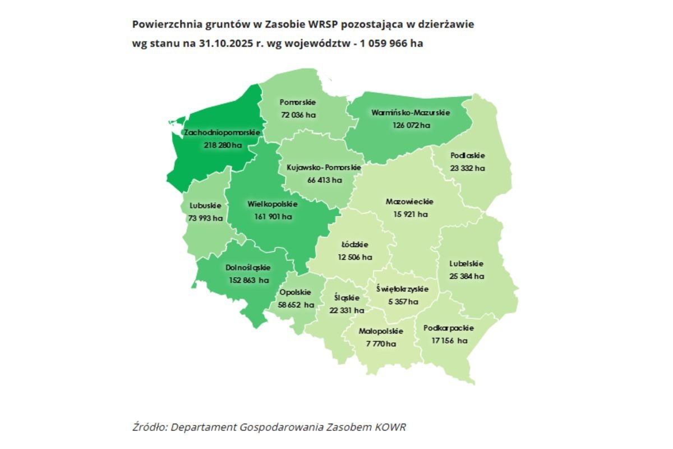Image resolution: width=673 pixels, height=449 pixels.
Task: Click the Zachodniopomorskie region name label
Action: [x=223, y=132]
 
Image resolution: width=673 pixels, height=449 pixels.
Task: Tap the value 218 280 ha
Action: [x=223, y=145]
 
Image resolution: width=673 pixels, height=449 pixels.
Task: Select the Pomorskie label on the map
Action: [x=298, y=103]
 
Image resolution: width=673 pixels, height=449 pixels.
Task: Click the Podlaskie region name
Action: [x=467, y=155]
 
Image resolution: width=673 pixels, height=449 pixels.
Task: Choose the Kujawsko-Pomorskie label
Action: [x=324, y=168]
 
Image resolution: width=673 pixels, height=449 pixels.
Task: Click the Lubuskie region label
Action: [x=205, y=206]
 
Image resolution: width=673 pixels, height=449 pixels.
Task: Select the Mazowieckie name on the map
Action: [x=409, y=202]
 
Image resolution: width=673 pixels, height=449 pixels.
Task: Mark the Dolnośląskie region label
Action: [x=248, y=268]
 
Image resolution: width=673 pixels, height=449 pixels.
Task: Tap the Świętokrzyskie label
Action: [x=402, y=289]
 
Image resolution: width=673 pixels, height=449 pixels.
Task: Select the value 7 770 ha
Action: [x=380, y=343]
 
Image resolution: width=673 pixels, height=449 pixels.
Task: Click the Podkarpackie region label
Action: [x=449, y=328]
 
